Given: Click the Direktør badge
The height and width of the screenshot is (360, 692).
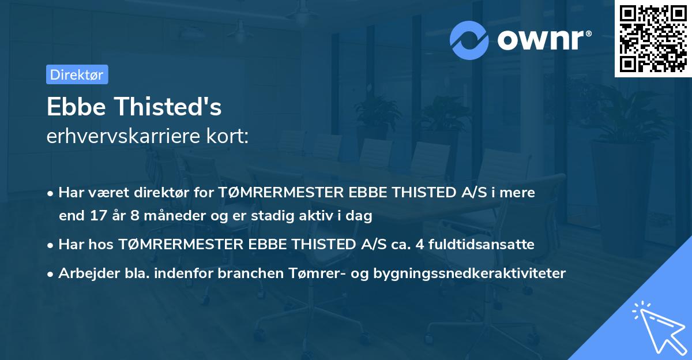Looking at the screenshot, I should pos(77,74).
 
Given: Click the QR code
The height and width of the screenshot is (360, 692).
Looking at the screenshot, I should pos(653,38).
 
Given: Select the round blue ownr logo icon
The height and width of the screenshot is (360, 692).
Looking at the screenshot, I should pos(469,39).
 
